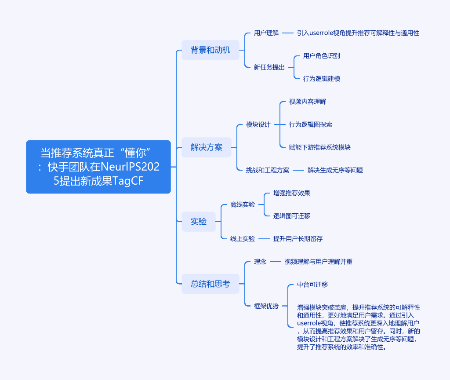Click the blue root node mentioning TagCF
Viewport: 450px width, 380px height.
pyautogui.click(x=98, y=167)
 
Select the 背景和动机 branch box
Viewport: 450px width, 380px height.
pyautogui.click(x=210, y=50)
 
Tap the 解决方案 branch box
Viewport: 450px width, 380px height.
pyautogui.click(x=207, y=147)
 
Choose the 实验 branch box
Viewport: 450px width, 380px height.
pyautogui.click(x=199, y=222)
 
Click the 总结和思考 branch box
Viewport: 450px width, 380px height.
pyautogui.click(x=210, y=284)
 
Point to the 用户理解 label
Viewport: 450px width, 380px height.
pyautogui.click(x=266, y=33)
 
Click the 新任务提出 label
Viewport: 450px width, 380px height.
pyautogui.click(x=269, y=67)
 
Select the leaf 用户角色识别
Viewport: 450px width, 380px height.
pyautogui.click(x=322, y=56)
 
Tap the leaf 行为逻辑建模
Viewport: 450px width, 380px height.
pyautogui.click(x=322, y=79)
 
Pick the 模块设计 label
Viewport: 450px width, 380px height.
pyautogui.click(x=258, y=124)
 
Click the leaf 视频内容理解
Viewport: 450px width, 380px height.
pyautogui.click(x=308, y=102)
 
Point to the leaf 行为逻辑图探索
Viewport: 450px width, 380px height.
pyautogui.click(x=311, y=124)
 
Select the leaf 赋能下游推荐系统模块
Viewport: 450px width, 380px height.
pyautogui.click(x=320, y=147)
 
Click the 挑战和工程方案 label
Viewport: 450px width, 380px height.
pyautogui.click(x=268, y=170)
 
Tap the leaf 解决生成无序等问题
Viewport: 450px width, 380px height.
pyautogui.click(x=335, y=170)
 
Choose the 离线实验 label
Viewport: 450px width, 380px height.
pyautogui.click(x=243, y=205)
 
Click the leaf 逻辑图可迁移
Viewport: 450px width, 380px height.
pyautogui.click(x=292, y=216)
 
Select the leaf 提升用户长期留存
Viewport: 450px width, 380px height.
pyautogui.click(x=298, y=239)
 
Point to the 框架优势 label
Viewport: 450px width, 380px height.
pyautogui.click(x=266, y=306)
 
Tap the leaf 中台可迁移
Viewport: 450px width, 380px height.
pyautogui.click(x=312, y=285)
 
